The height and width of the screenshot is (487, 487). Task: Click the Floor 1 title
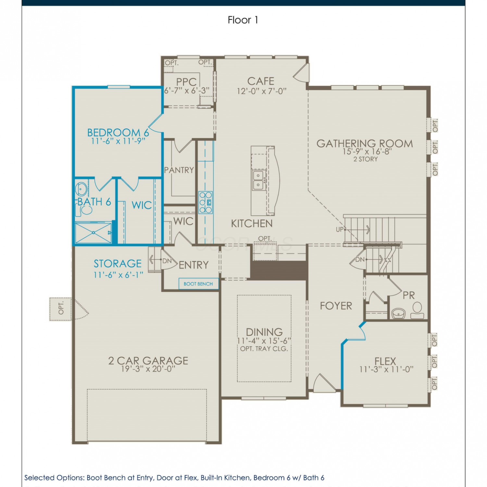tap(243, 20)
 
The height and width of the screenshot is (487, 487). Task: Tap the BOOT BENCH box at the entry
tap(198, 284)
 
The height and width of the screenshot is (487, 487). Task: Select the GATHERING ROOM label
tap(365, 144)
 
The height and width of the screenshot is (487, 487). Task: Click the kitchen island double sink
tap(258, 180)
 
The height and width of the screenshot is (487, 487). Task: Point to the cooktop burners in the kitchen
tap(206, 203)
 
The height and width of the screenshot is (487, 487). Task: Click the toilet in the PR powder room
tap(417, 311)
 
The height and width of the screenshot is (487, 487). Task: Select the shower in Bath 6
tap(94, 232)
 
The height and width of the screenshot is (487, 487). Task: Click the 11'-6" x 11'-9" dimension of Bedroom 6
tap(118, 141)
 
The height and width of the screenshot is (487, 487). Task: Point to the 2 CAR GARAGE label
tap(148, 361)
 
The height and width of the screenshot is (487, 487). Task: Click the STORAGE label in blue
tap(118, 264)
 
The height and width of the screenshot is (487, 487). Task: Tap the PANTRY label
tap(179, 170)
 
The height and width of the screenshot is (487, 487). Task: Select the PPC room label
tap(186, 82)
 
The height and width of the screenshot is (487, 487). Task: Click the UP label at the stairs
tap(340, 230)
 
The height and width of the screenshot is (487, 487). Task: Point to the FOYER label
tap(336, 306)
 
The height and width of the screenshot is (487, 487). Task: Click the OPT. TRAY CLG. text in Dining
tap(264, 349)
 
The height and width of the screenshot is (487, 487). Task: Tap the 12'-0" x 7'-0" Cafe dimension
tap(262, 91)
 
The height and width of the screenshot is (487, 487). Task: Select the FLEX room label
tap(385, 361)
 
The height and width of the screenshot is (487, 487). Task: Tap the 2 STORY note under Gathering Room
tap(366, 159)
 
